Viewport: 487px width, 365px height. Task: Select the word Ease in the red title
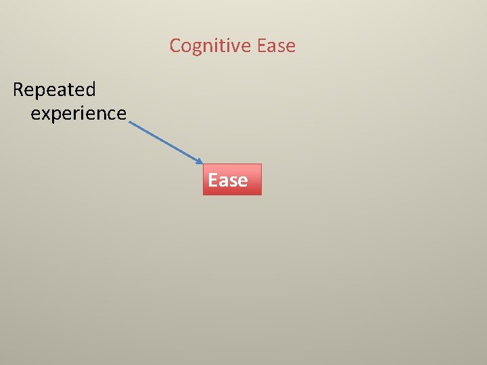point(277,46)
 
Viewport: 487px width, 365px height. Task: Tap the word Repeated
point(54,89)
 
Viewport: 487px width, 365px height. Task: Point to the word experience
point(78,114)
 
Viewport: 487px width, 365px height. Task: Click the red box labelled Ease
point(232,180)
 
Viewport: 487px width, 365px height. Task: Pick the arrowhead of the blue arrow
point(200,162)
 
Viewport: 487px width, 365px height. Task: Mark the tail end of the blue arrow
point(129,122)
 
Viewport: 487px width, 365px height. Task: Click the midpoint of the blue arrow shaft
point(164,142)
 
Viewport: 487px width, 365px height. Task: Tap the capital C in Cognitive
point(175,46)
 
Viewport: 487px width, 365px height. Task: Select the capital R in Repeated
point(18,89)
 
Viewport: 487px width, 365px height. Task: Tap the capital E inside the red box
point(213,180)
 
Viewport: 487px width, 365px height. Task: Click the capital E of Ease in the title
point(262,46)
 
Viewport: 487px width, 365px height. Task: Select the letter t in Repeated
point(70,89)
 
